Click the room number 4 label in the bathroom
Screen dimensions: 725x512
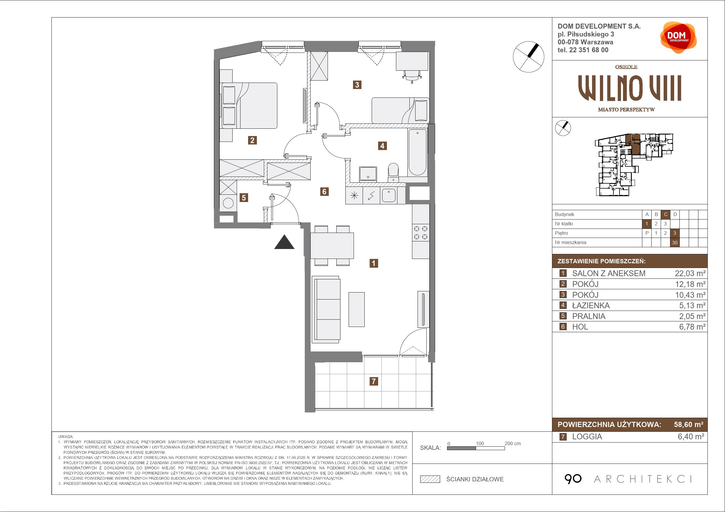point(383,146)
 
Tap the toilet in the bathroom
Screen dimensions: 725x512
point(393,172)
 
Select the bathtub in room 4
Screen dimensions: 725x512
point(418,152)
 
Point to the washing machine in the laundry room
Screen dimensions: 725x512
point(228,203)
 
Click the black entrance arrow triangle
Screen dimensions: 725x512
point(284,242)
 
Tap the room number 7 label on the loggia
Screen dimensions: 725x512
point(373,382)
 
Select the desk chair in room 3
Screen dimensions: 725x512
point(412,76)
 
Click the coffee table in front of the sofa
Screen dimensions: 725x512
point(357,309)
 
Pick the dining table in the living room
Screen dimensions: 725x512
point(332,245)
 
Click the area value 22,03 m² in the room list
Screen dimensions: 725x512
point(690,274)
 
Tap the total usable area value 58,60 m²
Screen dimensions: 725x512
point(689,425)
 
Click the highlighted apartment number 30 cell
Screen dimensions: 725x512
point(675,243)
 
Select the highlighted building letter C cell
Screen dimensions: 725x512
point(666,215)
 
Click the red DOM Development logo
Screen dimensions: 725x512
point(678,38)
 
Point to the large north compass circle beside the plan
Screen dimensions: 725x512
point(529,57)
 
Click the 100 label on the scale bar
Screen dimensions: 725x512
point(480,443)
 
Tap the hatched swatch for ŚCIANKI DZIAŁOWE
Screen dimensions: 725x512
point(430,479)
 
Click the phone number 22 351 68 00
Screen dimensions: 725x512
point(589,50)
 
